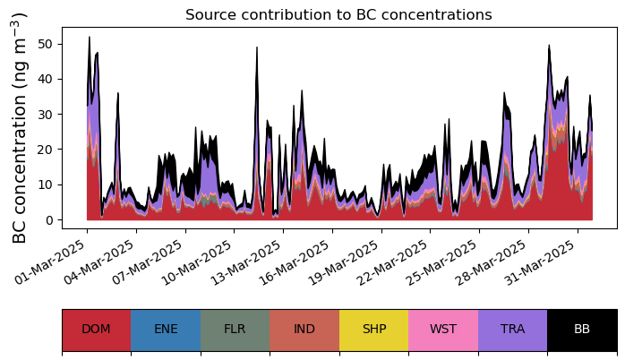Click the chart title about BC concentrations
(x=338, y=15)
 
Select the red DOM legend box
(x=96, y=330)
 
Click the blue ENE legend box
(x=166, y=330)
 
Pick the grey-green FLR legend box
(x=235, y=330)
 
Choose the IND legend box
(x=304, y=330)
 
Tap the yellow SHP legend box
(x=373, y=330)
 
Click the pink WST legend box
(x=443, y=330)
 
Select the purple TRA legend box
(x=512, y=330)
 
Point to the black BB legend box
(x=582, y=330)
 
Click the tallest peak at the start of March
(x=90, y=39)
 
